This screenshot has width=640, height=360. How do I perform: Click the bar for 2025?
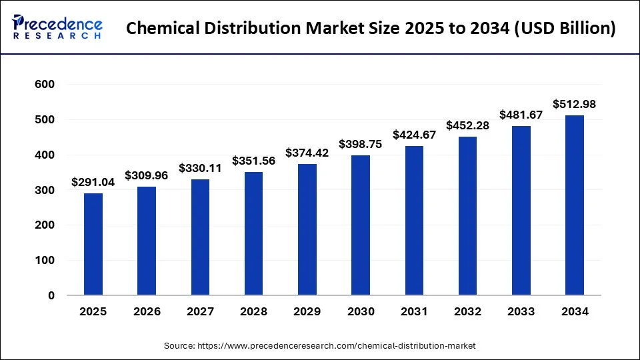point(93,244)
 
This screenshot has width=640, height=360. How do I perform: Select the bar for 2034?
point(575,205)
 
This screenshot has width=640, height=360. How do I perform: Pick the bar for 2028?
point(253,233)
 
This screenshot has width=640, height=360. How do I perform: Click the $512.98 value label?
point(575,104)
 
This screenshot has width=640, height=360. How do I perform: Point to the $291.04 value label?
point(93,181)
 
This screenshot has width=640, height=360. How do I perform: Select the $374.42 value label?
point(307,153)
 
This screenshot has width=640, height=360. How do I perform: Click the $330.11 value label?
point(200,168)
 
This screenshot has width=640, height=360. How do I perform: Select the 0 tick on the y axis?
point(51,295)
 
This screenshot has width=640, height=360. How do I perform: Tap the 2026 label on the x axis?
point(147,311)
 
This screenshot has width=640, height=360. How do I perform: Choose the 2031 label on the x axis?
point(414,311)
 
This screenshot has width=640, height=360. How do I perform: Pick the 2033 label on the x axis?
point(521,311)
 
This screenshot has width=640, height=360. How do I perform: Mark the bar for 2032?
point(467,216)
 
